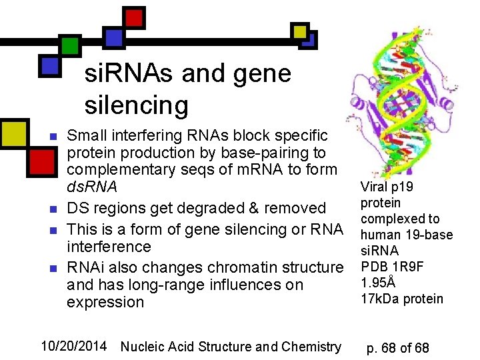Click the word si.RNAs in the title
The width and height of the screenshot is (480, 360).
[x=127, y=73]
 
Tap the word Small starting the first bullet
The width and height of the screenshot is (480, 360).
[x=87, y=136]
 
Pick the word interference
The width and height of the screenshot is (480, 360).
[x=109, y=247]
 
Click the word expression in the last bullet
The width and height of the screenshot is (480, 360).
[x=105, y=303]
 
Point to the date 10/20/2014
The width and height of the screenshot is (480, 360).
[x=73, y=346]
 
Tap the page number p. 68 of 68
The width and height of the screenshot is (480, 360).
[x=399, y=348]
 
